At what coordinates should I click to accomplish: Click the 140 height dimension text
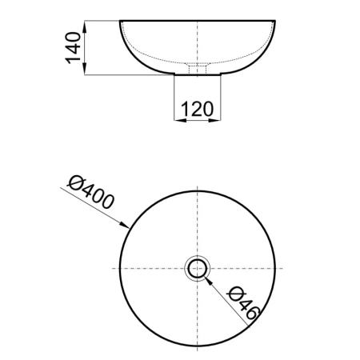tap(73, 48)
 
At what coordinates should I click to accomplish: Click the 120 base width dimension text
tap(198, 109)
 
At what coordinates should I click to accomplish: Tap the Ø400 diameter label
tap(90, 192)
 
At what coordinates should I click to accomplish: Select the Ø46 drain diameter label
tap(243, 303)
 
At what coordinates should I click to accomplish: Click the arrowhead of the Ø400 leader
tap(125, 225)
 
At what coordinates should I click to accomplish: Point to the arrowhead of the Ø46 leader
tap(209, 281)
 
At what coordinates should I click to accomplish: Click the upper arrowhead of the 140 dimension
tap(85, 26)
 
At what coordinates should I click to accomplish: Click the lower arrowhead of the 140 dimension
tap(85, 69)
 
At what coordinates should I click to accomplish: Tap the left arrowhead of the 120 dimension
tap(180, 120)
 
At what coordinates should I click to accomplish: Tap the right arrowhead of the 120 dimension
tap(214, 120)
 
